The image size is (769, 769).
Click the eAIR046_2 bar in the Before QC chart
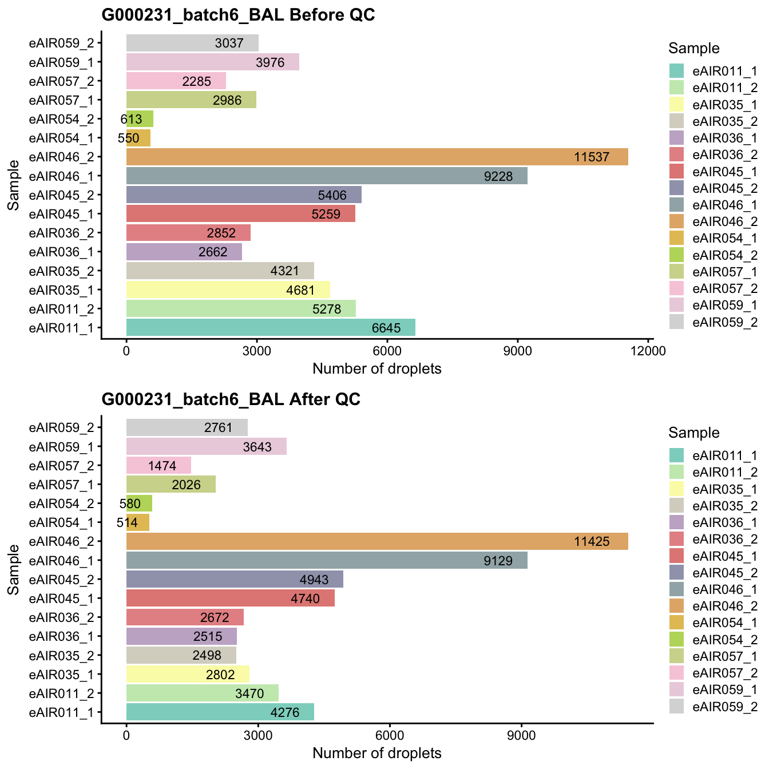coord(376,157)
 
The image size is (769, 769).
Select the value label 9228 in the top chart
coord(498,176)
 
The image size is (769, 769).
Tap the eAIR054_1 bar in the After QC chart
coord(138,522)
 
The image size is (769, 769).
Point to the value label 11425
coord(592,541)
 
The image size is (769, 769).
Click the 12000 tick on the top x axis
coord(648,351)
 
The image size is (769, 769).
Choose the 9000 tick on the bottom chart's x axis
coord(521,735)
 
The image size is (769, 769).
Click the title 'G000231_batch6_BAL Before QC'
coord(238,15)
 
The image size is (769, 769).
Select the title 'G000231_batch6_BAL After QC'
coord(231,399)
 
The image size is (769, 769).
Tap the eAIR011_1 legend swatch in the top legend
coord(677,71)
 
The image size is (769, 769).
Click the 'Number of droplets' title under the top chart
coord(376,369)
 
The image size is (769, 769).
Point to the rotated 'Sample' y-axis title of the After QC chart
coord(14,569)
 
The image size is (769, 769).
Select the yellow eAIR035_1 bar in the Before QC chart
coord(228,290)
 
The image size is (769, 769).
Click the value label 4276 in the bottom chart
coord(284,713)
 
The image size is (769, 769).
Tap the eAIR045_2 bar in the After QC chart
coord(235,579)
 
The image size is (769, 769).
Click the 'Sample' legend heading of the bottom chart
coord(693,433)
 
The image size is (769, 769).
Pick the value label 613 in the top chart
coord(131,119)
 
